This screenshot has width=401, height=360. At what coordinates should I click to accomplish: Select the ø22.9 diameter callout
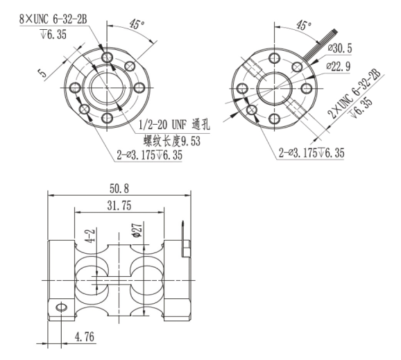click(x=339, y=65)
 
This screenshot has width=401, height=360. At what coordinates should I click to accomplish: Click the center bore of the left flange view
click(x=106, y=87)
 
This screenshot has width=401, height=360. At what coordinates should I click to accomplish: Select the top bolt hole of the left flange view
click(x=106, y=55)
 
